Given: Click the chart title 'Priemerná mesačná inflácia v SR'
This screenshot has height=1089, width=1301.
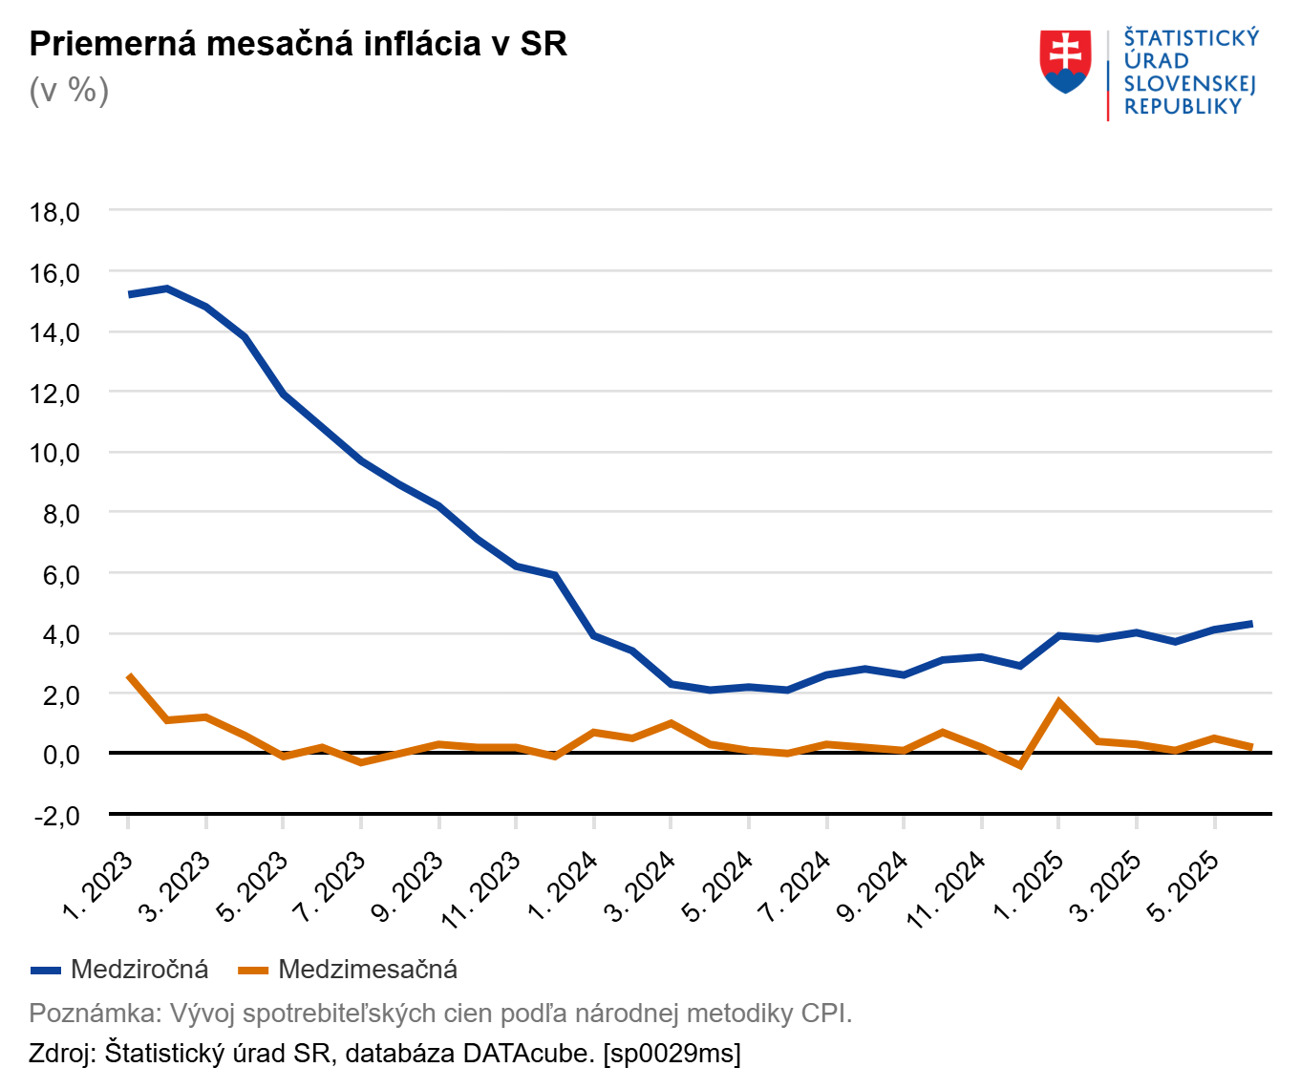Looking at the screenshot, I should coord(298,44).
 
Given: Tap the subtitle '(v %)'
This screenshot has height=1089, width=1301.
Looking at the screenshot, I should coord(69,91).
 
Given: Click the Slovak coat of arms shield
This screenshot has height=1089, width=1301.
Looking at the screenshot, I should coord(1065,61).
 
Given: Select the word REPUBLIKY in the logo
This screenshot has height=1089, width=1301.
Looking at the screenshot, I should coord(1183,107).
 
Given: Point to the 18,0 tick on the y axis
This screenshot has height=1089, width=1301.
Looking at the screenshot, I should coord(55,212).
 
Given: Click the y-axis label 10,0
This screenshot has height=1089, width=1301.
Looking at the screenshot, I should coord(55,453).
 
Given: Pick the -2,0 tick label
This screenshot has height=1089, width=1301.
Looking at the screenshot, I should coord(55,815).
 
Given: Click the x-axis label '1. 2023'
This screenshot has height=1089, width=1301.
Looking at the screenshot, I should coord(98,887).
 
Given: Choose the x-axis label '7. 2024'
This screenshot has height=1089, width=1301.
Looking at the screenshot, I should coord(795,887).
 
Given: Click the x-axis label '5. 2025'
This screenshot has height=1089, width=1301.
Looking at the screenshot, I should coord(1183,887).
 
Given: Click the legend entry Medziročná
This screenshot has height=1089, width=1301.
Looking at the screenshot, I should coord(139,970).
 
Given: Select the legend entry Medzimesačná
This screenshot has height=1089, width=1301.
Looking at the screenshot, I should coord(368,970).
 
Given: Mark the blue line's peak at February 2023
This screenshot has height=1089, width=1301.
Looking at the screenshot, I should coord(167,288).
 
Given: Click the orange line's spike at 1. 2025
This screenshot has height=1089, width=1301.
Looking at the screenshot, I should coord(1059,702).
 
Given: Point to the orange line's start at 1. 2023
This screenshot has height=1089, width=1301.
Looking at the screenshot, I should coord(129,676).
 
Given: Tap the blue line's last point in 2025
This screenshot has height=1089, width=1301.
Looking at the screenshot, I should coord(1251,624).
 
